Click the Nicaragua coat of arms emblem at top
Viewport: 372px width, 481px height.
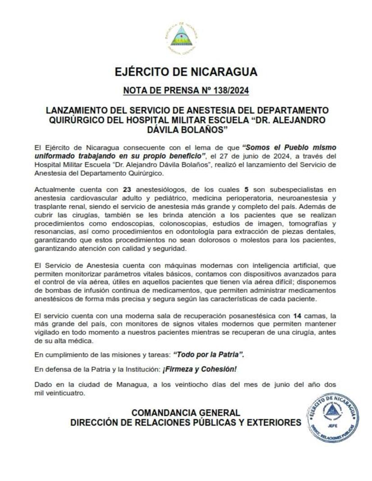point(181,37)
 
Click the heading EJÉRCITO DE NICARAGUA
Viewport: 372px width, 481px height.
point(186,72)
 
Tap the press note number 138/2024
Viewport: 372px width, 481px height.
point(228,91)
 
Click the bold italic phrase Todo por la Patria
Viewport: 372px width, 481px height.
point(209,355)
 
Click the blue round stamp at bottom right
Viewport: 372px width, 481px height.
point(332,417)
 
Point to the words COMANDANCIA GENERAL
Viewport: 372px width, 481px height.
point(186,413)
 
